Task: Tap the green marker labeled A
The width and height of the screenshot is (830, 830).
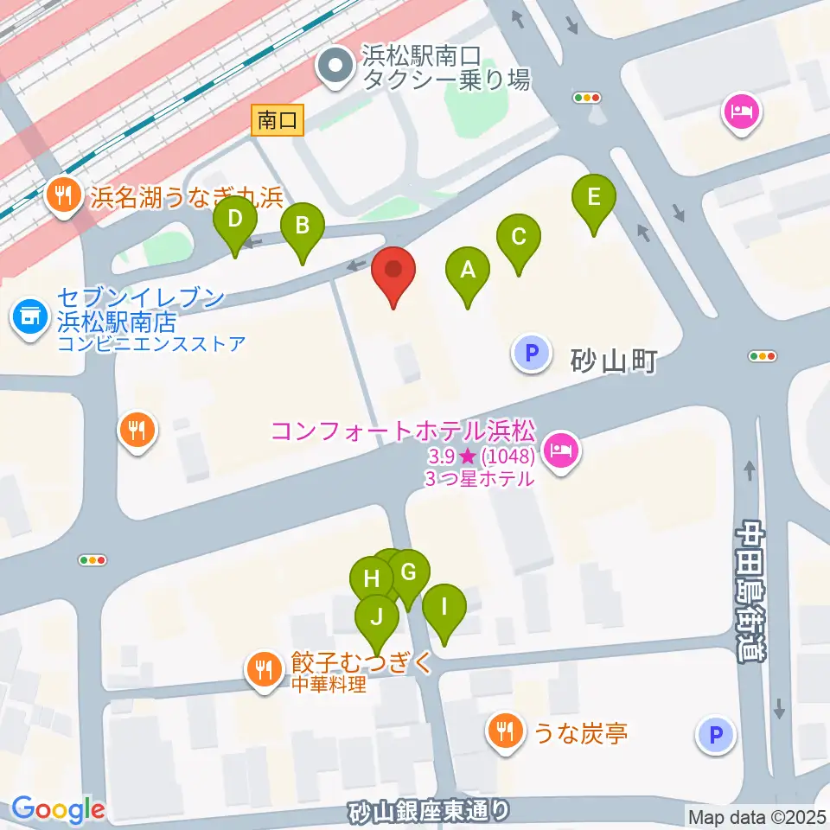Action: click(x=468, y=271)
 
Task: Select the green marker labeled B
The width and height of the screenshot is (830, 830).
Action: click(x=303, y=227)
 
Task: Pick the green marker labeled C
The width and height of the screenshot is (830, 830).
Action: click(x=519, y=238)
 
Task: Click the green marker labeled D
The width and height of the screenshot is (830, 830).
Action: click(x=235, y=220)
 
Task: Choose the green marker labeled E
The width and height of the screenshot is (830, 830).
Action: click(x=594, y=198)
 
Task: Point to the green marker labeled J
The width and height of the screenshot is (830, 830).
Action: click(x=377, y=617)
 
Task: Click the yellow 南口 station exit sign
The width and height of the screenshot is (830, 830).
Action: click(x=278, y=120)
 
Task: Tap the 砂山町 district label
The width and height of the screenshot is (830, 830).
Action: click(x=614, y=361)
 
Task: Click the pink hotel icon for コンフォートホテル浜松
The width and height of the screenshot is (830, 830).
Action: click(x=561, y=450)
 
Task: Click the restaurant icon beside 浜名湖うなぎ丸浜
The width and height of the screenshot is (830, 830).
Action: click(x=62, y=195)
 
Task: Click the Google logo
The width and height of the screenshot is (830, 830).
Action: click(x=58, y=809)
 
